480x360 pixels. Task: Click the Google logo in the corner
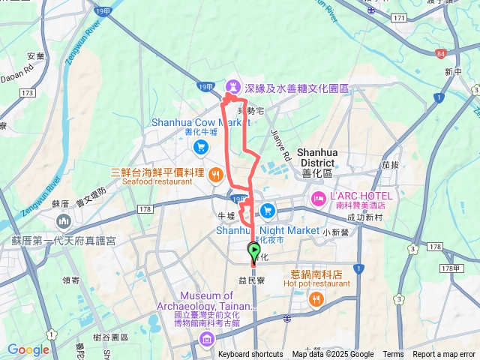coord(28,349)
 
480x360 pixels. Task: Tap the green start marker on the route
coord(253,250)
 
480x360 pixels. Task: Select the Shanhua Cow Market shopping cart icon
coord(199,146)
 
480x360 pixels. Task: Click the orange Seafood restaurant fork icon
coord(215,175)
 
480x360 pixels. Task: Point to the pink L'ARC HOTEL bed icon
coord(316,199)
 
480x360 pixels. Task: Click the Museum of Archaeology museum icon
coord(206,342)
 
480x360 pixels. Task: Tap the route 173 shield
coord(28,93)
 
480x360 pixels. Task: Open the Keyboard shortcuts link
coord(250,355)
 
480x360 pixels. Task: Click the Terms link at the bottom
coord(393,355)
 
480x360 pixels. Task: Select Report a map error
coord(444,355)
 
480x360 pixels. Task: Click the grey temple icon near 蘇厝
coord(61,222)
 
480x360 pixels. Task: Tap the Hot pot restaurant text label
coord(317,283)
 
